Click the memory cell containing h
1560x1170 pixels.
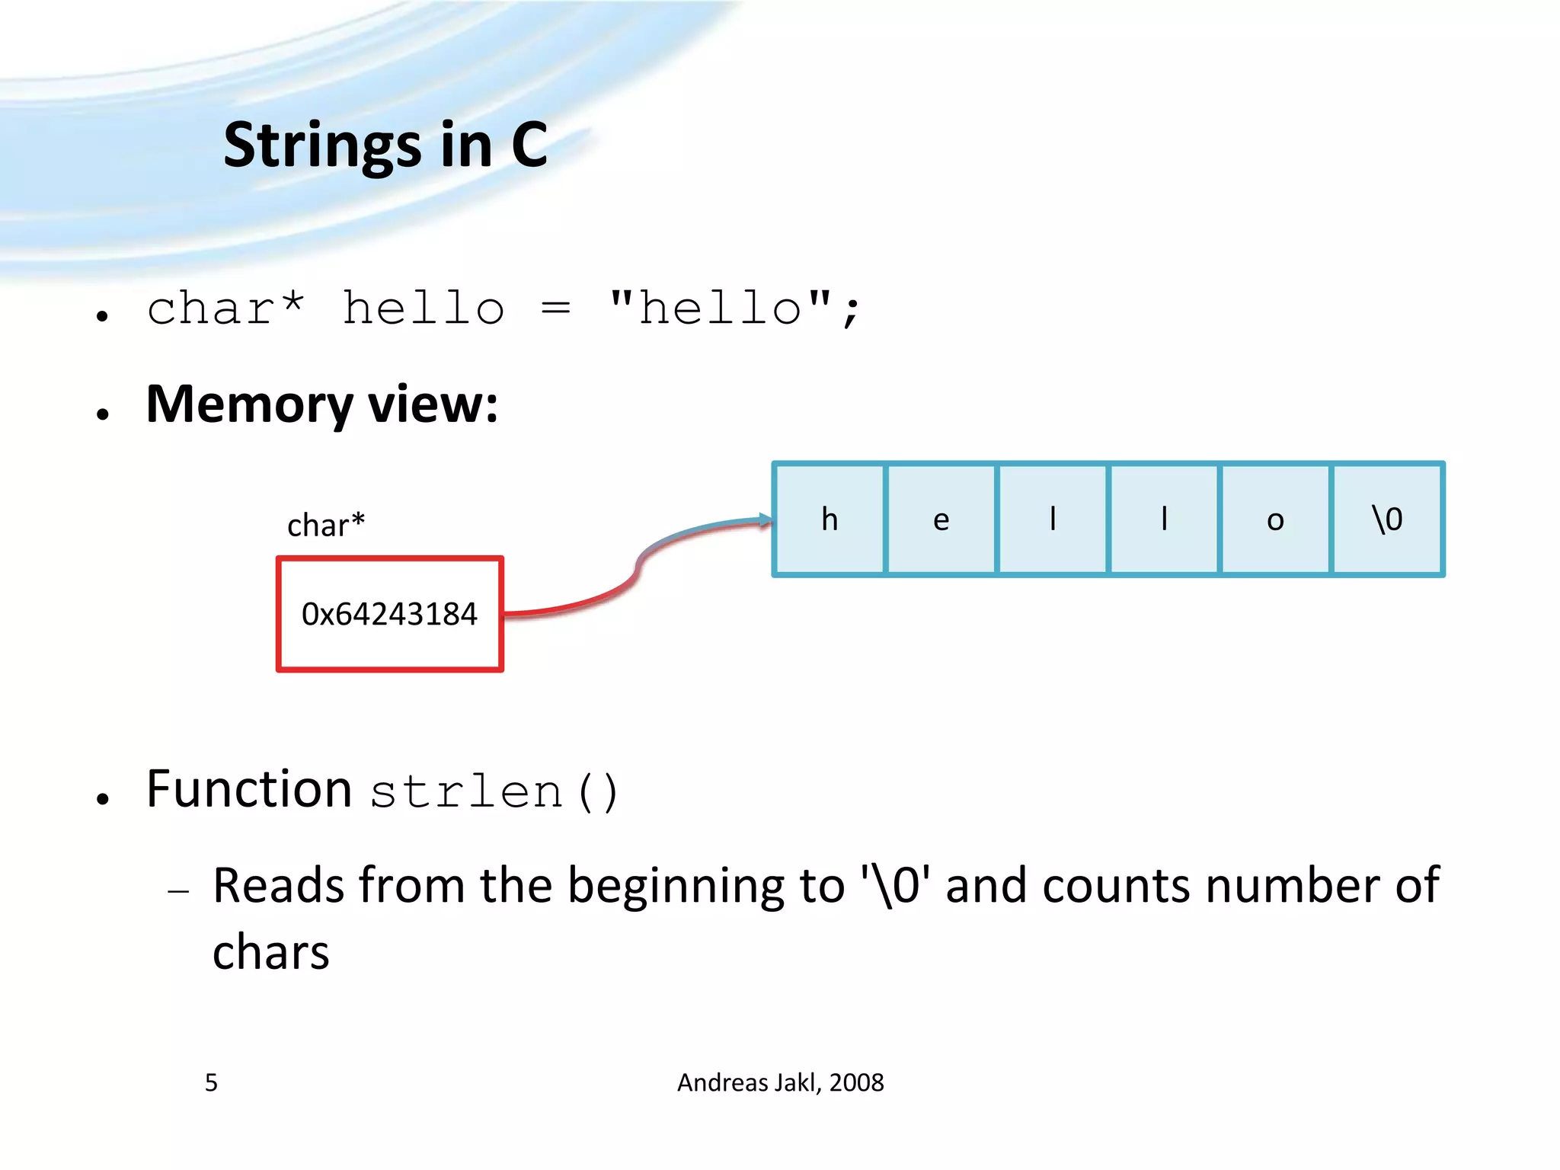830,519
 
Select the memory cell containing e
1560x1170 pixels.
941,519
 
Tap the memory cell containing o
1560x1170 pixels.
1275,519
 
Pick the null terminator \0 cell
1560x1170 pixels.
1387,519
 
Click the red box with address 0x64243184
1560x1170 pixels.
389,614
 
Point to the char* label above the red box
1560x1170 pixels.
326,525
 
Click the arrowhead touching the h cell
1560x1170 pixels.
766,521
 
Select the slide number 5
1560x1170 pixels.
211,1082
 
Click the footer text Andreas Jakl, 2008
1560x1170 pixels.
780,1082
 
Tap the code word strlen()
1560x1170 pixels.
494,792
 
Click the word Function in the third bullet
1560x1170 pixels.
248,789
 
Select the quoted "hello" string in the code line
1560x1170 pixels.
720,308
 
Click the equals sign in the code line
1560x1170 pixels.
555,309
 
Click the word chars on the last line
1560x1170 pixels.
270,952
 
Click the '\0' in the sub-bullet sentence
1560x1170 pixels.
896,886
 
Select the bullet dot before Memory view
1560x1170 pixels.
103,414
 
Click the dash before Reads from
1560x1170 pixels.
178,890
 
